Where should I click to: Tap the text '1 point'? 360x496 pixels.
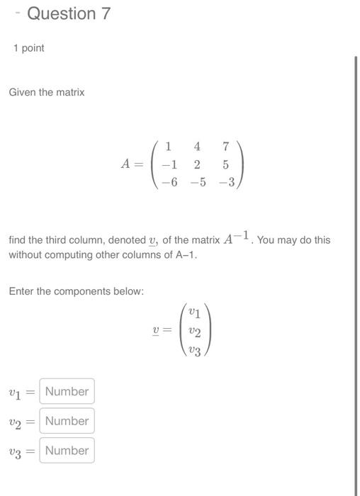point(28,48)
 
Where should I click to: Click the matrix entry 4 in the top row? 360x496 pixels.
point(197,147)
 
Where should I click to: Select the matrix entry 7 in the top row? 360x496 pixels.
point(225,147)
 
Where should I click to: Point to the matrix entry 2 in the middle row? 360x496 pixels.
point(197,164)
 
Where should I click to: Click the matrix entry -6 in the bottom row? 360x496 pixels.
point(169,181)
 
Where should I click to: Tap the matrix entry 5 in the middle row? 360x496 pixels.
point(225,164)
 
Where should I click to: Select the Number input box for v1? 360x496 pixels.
point(67,391)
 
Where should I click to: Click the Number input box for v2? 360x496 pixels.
point(67,421)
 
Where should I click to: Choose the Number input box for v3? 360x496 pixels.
point(67,451)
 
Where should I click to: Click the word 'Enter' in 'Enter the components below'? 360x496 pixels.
point(22,291)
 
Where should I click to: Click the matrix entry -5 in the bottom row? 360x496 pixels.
point(197,181)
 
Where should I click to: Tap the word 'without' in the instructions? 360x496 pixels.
point(27,254)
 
